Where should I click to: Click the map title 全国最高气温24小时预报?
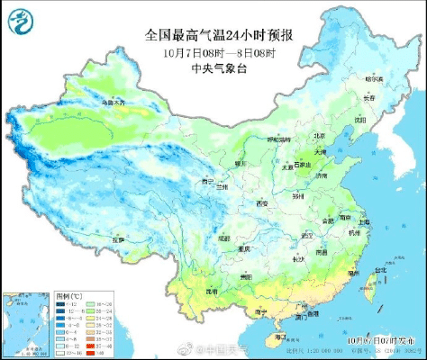coord(220,35)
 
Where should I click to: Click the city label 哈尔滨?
coord(372,76)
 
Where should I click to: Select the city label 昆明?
coord(211,292)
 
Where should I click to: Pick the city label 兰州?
coord(222,186)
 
